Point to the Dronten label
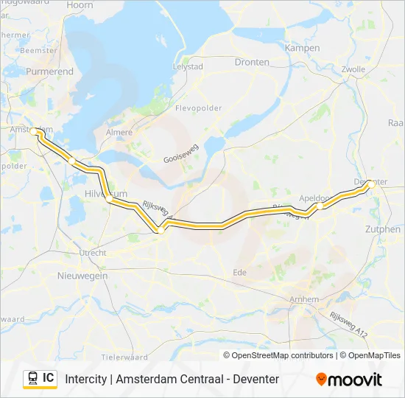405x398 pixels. pos(252,62)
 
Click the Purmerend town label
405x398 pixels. pos(50,72)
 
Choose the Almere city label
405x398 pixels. pos(119,133)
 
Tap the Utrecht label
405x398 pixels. pos(93,253)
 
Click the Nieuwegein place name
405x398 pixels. pos(82,276)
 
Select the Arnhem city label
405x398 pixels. pos(304,299)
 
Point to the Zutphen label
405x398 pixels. pos(383,229)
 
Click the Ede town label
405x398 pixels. pos(240,272)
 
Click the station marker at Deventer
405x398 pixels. pos(372,185)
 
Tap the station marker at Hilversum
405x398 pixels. pos(109,198)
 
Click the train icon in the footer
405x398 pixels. pos(32,378)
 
